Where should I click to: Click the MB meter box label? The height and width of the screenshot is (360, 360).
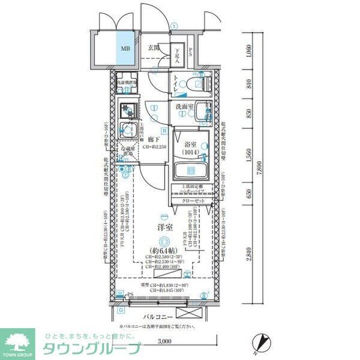click(x=125, y=49)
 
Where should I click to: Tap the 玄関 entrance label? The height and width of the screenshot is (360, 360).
click(x=154, y=48)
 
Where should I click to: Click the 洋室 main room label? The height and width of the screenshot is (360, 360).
click(x=165, y=229)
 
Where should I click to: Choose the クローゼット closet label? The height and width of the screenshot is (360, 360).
click(x=193, y=200)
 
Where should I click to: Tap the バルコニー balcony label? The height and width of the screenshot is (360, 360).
click(x=158, y=316)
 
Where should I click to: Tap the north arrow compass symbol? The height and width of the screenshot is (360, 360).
click(x=260, y=341)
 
